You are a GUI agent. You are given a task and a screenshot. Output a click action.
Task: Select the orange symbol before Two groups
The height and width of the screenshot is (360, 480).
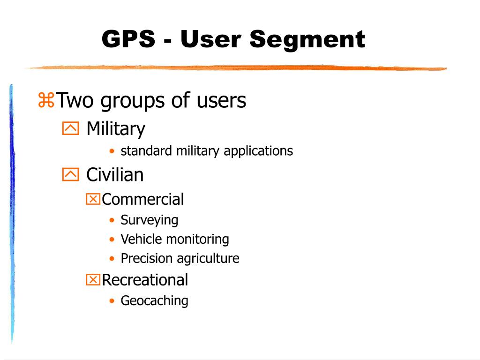[46, 100]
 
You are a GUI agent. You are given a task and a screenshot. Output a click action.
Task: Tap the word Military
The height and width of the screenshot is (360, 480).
[116, 128]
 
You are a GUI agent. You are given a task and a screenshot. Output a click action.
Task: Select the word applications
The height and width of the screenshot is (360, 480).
[258, 151]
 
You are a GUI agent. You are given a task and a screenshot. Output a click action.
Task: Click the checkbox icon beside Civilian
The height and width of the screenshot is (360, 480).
[70, 175]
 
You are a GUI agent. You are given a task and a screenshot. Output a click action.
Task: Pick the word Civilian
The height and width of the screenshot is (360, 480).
[115, 175]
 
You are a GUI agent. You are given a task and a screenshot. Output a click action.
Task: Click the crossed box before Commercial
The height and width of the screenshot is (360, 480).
[93, 199]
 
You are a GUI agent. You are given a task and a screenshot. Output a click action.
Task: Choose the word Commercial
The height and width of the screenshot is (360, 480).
[143, 199]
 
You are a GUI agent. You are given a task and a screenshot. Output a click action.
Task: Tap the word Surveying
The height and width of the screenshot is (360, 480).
[150, 220]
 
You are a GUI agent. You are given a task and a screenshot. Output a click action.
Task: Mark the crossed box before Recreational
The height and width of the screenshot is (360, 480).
[93, 280]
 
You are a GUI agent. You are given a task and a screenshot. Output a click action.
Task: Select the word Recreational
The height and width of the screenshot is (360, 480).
[145, 280]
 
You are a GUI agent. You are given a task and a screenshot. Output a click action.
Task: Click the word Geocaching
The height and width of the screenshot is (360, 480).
[154, 301]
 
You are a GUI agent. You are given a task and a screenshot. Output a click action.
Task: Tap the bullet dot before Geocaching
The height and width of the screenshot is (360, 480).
[112, 301]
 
